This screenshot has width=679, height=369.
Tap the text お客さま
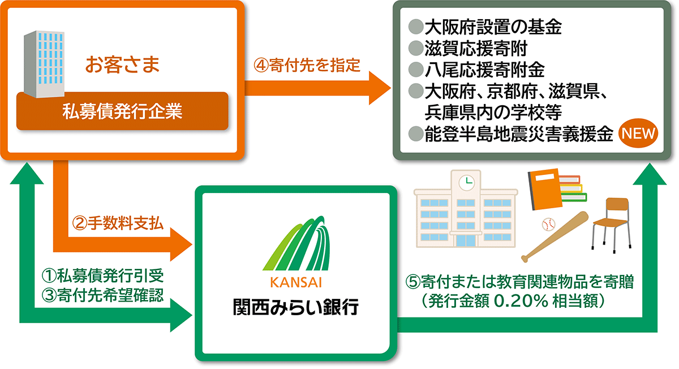coord(122,64)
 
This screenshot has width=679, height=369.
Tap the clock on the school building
coord(466,183)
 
